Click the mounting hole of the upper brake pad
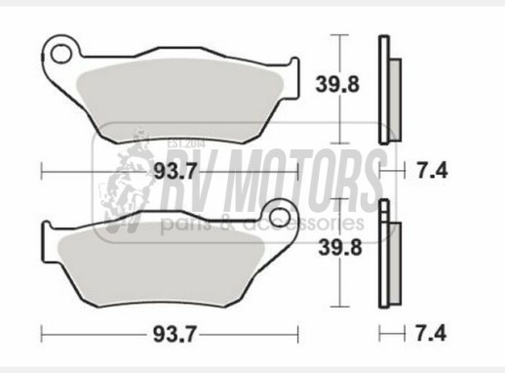click(60, 54)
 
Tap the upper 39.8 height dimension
click(337, 84)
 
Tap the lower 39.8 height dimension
click(340, 248)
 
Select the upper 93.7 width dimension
click(175, 171)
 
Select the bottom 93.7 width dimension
click(175, 334)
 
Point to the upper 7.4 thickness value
click(432, 171)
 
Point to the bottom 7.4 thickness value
click(431, 334)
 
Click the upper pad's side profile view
click(390, 90)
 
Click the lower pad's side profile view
click(390, 253)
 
